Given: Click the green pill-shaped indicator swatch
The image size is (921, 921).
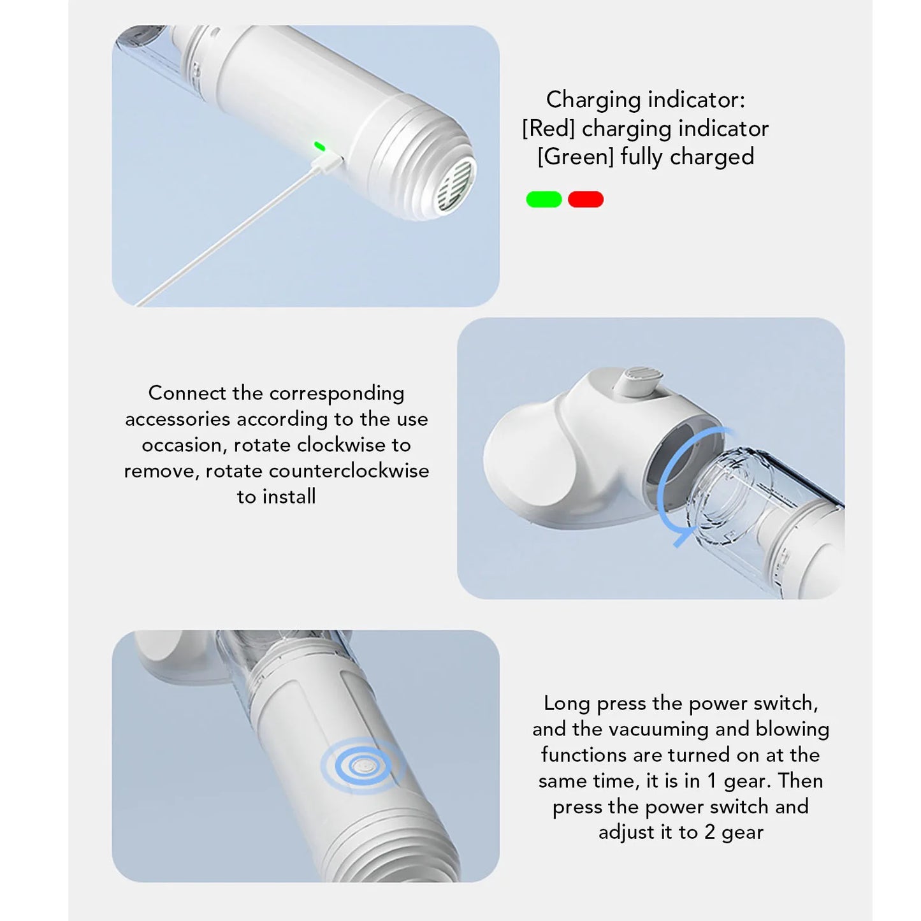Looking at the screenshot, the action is (544, 199).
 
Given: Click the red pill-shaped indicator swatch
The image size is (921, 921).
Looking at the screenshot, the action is (586, 199).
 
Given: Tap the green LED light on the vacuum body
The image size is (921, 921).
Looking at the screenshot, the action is (319, 146).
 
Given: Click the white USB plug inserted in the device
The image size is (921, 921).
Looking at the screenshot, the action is (326, 163).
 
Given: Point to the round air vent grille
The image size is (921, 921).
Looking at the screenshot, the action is (456, 188).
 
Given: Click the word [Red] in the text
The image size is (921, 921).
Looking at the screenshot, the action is (548, 129).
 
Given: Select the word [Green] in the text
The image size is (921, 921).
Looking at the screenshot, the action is (576, 157).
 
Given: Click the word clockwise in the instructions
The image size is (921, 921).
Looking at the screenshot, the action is (342, 445).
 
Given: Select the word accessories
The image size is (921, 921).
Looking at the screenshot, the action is (178, 419).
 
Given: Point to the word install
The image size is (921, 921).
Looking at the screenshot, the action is (289, 497).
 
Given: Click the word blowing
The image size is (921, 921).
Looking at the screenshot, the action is (792, 729).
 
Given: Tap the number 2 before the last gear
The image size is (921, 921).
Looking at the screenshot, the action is (710, 832).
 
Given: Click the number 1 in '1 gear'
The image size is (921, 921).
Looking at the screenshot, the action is (712, 781).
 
